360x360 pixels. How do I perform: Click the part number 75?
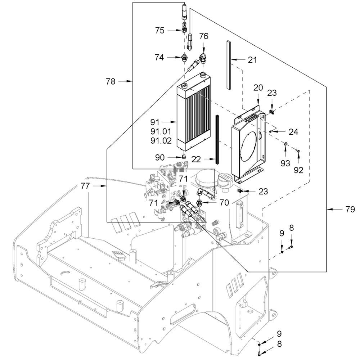pos(159,31)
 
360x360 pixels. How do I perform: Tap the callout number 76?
pos(203,36)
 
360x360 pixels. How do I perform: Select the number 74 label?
pos(159,57)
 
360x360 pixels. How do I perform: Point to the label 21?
pos(253,59)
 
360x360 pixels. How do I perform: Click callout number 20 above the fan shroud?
pos(258,87)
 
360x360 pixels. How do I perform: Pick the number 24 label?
pos(293,132)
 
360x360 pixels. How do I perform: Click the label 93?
pos(285,163)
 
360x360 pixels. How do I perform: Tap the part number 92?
pos(298,170)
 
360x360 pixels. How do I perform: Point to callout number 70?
pos(224,203)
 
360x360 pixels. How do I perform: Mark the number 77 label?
pos(85,186)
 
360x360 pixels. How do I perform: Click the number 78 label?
pos(111,82)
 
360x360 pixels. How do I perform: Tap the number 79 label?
pos(350,209)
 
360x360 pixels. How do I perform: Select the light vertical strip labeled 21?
pos(228,65)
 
